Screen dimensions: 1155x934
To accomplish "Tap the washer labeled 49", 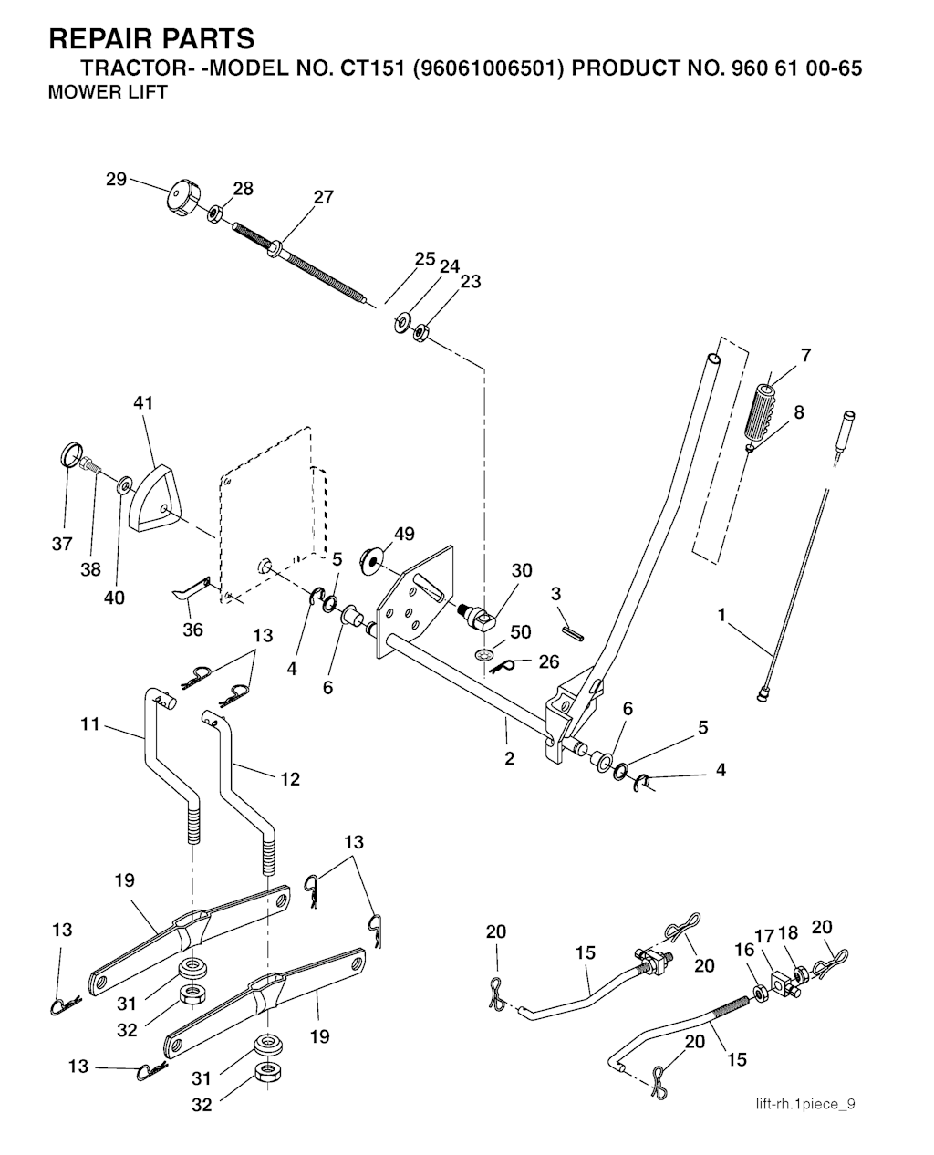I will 374,558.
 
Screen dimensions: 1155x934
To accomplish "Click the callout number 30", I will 521,571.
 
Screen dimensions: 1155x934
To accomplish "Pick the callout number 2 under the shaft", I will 509,758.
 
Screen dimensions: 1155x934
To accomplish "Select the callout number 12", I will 290,779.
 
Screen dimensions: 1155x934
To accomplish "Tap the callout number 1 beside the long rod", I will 721,615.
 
